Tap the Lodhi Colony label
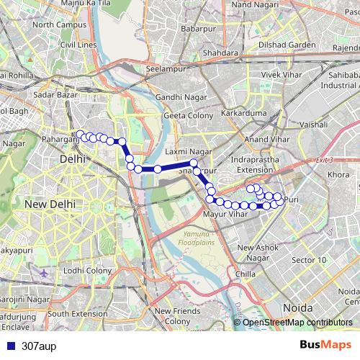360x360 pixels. (87, 270)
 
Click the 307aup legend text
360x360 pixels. (39, 346)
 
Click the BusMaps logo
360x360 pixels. (325, 345)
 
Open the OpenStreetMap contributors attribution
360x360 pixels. (297, 323)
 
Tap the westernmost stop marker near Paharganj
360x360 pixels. (80, 134)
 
